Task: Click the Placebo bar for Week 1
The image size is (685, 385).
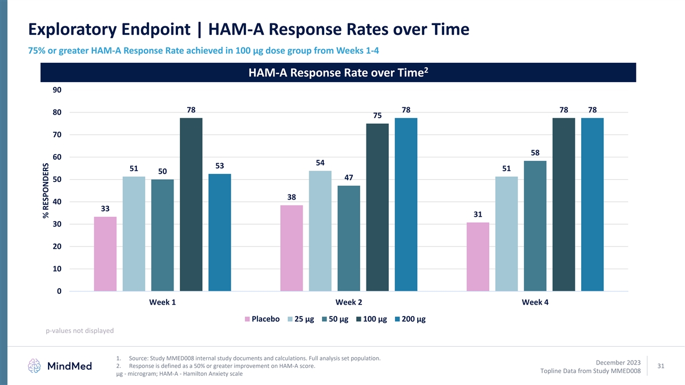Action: click(x=105, y=254)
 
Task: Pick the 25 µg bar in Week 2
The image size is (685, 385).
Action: click(x=320, y=231)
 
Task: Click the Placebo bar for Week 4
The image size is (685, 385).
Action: click(x=478, y=257)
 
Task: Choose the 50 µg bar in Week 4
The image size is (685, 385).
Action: click(x=535, y=226)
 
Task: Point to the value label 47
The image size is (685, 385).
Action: click(x=349, y=177)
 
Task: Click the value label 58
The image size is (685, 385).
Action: click(x=535, y=153)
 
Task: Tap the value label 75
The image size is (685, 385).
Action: click(x=377, y=115)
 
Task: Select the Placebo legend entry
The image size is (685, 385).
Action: click(x=262, y=319)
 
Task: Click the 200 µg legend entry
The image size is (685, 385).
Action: click(x=410, y=319)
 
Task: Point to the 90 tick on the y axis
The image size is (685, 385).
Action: click(x=57, y=90)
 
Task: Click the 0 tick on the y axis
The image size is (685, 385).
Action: click(x=59, y=291)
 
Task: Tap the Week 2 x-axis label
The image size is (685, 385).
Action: click(x=348, y=302)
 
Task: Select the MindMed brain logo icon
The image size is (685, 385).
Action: click(x=35, y=366)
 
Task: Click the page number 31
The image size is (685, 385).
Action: click(x=662, y=366)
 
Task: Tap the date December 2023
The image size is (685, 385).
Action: click(x=618, y=362)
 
